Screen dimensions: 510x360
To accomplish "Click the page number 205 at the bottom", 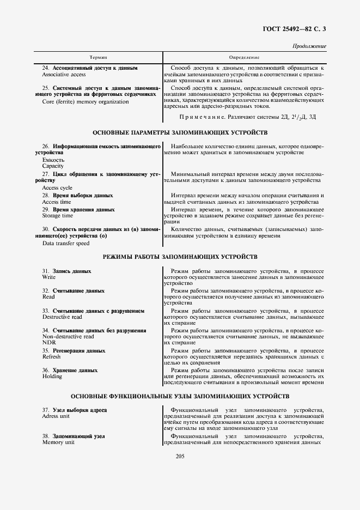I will (181, 456).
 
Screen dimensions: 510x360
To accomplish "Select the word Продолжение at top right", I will (309, 46).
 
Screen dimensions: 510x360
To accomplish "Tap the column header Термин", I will (98, 57).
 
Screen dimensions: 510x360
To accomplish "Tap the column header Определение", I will (244, 57).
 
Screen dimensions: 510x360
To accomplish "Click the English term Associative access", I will (64, 74).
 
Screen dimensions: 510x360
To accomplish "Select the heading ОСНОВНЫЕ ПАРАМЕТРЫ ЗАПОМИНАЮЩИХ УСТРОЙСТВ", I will (180, 133).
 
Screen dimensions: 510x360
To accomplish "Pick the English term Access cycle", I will (57, 187).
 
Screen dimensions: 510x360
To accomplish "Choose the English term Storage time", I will (58, 216).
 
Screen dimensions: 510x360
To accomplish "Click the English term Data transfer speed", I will (65, 243).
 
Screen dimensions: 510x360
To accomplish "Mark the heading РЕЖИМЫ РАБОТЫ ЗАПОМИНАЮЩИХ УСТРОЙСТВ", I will (180, 256).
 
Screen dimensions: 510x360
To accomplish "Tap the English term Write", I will (49, 277).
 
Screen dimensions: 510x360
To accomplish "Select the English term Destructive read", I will (62, 317).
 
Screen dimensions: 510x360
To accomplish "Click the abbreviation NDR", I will (48, 343).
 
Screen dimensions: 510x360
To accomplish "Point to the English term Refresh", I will (51, 356).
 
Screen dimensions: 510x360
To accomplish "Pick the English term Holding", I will (52, 377).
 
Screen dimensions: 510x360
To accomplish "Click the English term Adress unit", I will (56, 416).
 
